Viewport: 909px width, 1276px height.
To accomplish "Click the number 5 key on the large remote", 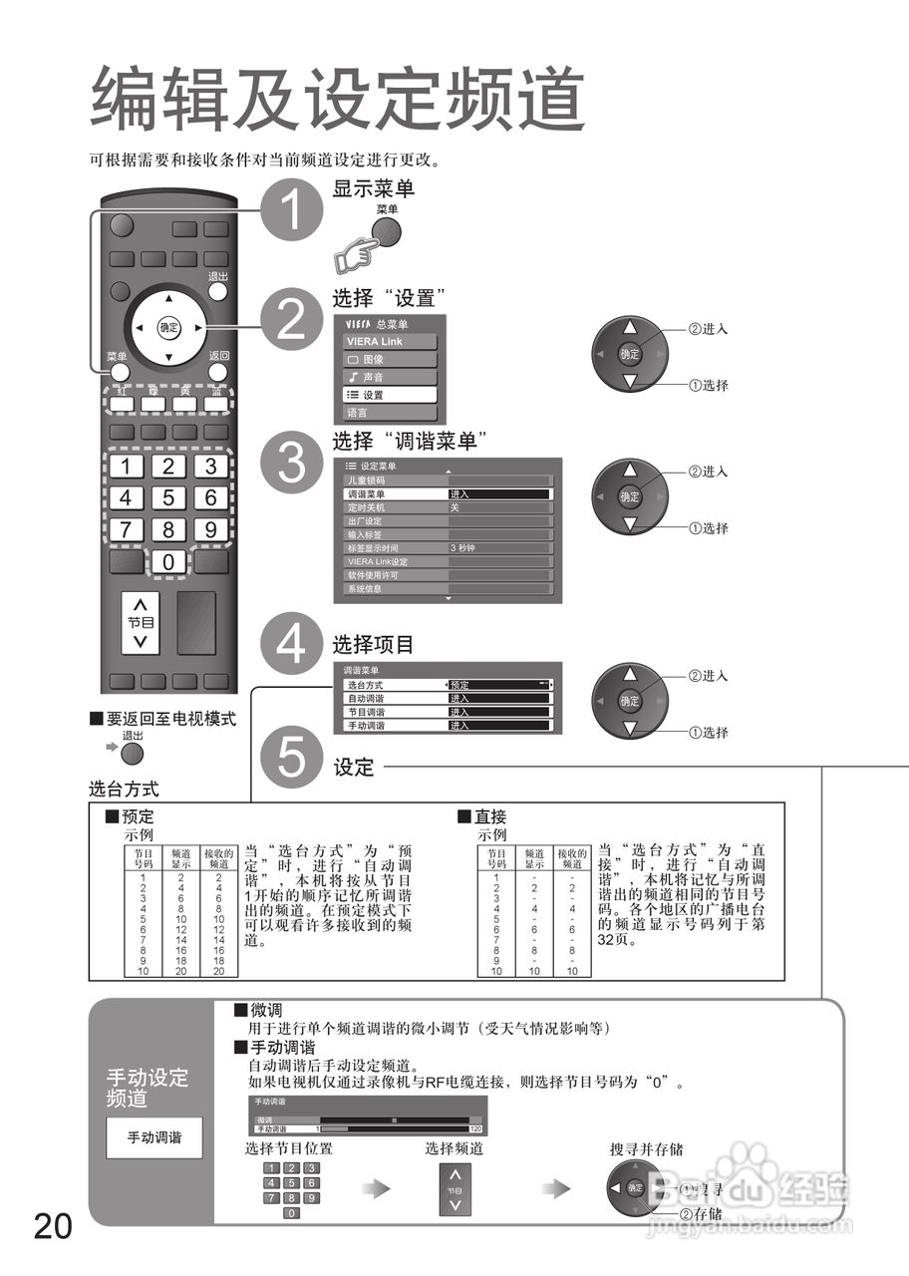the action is click(x=167, y=498).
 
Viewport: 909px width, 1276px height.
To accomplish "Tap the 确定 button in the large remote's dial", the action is click(x=168, y=327).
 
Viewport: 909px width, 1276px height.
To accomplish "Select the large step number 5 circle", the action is click(x=290, y=758).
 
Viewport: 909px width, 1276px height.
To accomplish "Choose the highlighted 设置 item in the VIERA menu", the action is click(x=390, y=395).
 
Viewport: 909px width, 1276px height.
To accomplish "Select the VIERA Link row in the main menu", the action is click(x=390, y=341).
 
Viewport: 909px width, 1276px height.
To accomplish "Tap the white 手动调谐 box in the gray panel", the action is click(x=153, y=1137).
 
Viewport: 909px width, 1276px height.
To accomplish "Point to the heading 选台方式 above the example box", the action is click(x=124, y=790).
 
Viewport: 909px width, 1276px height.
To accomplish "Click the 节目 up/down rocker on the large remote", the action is click(x=141, y=623).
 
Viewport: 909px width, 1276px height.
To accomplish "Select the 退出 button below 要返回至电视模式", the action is click(x=133, y=754).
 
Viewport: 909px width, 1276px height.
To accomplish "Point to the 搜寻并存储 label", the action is click(x=646, y=1149).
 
